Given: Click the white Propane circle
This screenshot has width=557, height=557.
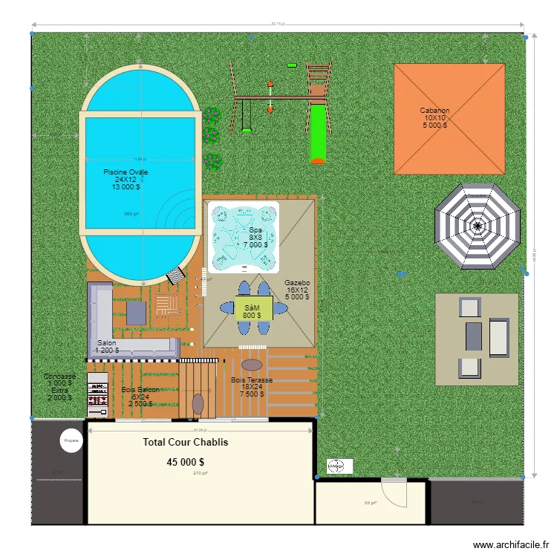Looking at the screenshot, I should pyautogui.click(x=71, y=440).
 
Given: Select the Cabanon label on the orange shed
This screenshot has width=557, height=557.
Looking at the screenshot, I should pyautogui.click(x=435, y=118).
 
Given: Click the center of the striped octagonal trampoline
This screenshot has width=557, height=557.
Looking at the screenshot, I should pyautogui.click(x=477, y=226).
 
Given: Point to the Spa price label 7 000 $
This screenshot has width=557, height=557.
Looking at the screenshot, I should pyautogui.click(x=255, y=245).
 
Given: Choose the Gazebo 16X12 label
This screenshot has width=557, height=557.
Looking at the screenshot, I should pyautogui.click(x=297, y=290).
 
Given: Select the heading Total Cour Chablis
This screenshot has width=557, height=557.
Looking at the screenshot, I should pyautogui.click(x=186, y=443).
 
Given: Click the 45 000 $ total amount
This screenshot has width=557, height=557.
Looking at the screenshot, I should pyautogui.click(x=186, y=462).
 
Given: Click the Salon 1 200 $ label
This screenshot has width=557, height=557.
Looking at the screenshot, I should pyautogui.click(x=107, y=347).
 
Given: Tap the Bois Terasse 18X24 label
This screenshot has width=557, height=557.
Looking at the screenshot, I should pyautogui.click(x=252, y=387).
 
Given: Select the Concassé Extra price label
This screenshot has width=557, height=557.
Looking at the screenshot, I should pyautogui.click(x=59, y=387).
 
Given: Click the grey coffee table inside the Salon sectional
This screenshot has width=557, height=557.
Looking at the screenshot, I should pyautogui.click(x=137, y=313).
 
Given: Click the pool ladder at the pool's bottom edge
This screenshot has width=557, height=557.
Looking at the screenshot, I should pyautogui.click(x=176, y=276).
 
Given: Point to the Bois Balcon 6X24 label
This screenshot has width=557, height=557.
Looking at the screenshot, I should pyautogui.click(x=140, y=397).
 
